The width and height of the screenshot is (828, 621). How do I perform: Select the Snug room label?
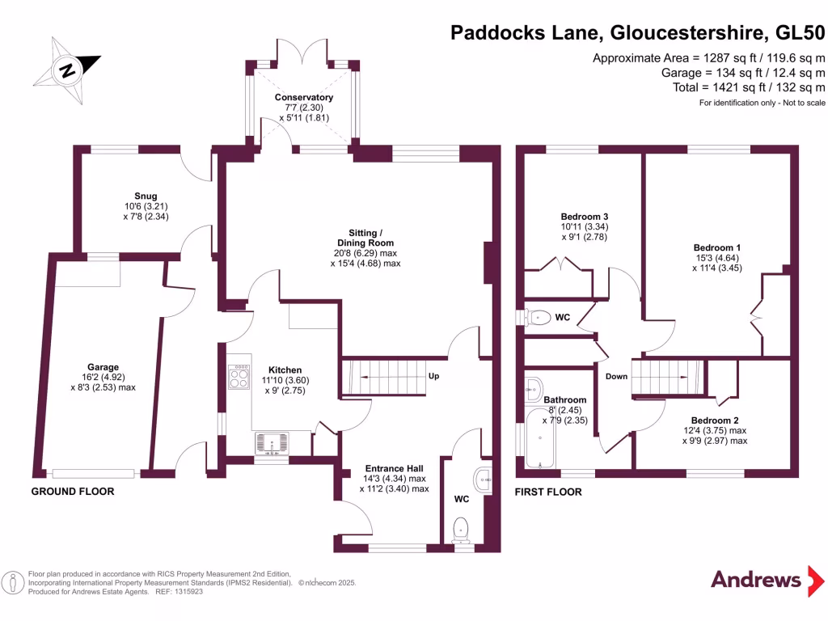coord(146,196)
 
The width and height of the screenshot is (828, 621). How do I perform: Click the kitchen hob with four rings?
coord(239,376)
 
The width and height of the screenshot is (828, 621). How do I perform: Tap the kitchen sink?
coord(271,444)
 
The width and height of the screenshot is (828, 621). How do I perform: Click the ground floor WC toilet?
coord(462,530)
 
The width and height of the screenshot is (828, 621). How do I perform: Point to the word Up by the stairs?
coord(434,376)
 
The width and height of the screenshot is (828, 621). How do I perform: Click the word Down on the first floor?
coord(616,376)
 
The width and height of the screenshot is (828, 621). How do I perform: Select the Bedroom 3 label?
coord(584,217)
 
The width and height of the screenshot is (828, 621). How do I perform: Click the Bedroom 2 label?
coord(715,420)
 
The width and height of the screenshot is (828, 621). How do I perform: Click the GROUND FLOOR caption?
coord(73,492)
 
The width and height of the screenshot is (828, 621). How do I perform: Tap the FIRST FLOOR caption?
coord(547,492)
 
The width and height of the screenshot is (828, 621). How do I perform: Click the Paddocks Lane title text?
coord(639,33)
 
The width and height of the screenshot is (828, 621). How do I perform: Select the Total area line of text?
coord(749,87)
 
